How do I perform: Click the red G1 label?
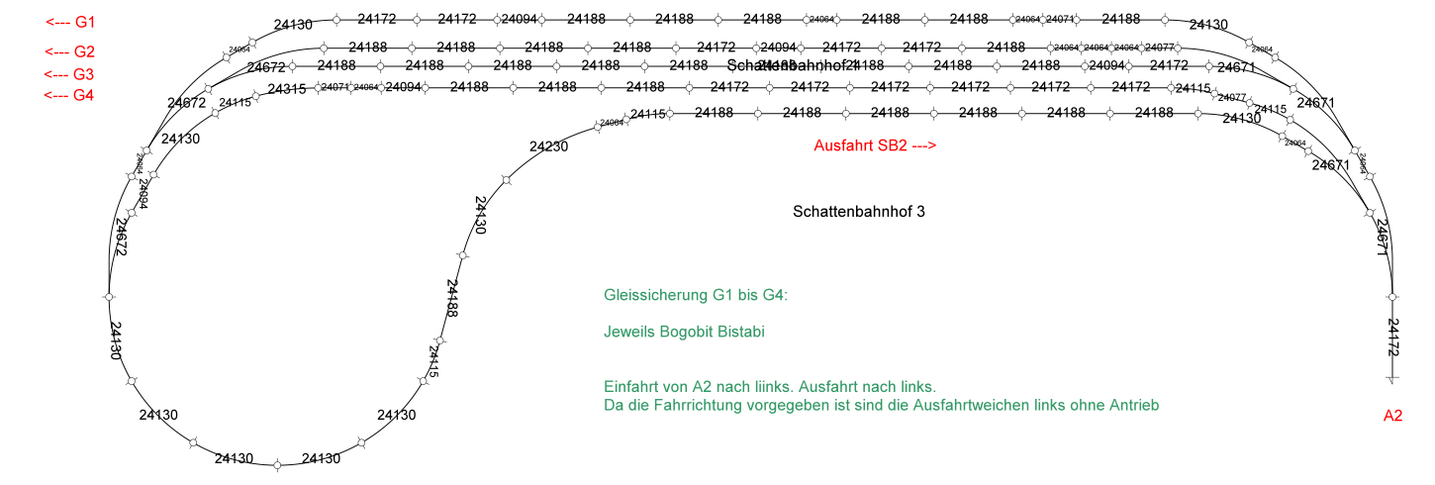pos(70,22)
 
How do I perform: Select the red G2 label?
pos(70,51)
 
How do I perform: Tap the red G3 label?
pos(70,74)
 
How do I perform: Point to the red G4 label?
pos(70,96)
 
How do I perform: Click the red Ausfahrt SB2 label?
pos(875,145)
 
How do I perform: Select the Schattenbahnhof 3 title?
pos(859,212)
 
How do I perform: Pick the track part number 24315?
pos(287,90)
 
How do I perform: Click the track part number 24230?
pos(548,146)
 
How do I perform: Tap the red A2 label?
pos(1393,417)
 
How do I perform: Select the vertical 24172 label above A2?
pos(1393,338)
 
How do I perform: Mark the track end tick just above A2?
pos(1392,380)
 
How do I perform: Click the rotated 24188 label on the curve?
pos(452,298)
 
